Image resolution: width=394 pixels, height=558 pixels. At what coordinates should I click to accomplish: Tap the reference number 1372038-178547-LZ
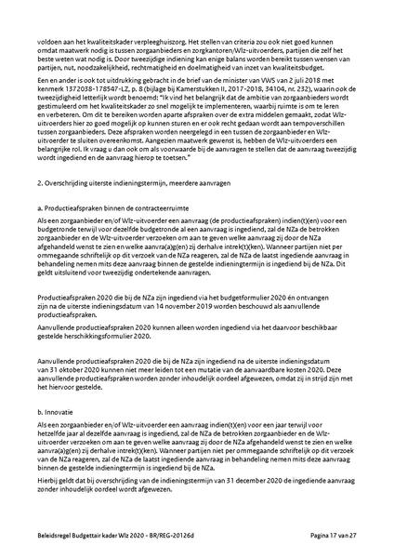[x=95, y=96]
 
